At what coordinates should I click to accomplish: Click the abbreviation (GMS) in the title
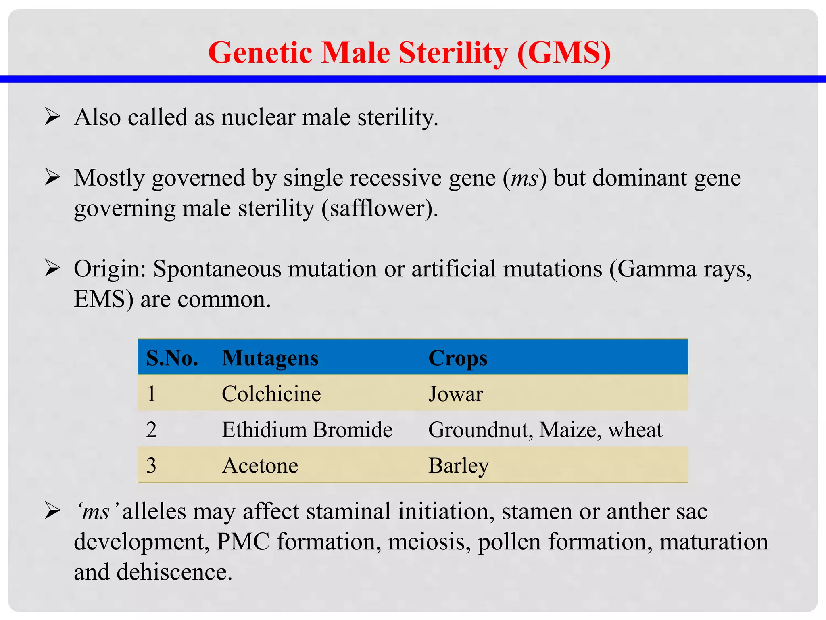564,53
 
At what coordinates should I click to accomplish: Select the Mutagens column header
270,358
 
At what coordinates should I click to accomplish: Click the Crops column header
458,358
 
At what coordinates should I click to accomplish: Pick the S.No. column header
172,358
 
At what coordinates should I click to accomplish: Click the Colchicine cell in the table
271,394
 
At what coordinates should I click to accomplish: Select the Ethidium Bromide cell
307,429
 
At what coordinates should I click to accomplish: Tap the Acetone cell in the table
260,465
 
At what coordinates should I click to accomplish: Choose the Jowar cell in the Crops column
455,394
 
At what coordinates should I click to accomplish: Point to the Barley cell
459,465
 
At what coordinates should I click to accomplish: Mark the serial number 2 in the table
152,429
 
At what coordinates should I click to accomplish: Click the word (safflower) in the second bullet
380,209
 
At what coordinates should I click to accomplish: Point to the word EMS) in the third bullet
103,300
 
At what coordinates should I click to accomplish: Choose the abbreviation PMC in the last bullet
243,542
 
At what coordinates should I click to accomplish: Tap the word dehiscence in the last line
174,572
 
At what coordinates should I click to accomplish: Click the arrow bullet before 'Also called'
52,117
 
